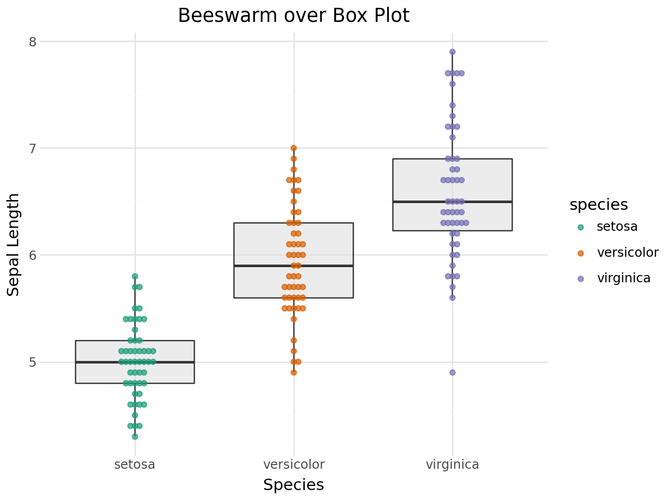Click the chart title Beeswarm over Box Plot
point(293,16)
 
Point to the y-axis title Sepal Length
point(14,245)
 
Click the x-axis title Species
point(293,485)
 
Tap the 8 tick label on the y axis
point(32,42)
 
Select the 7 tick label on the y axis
point(32,148)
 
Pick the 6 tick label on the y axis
point(32,255)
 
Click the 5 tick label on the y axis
point(32,362)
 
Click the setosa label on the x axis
point(135,465)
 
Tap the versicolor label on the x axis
point(294,465)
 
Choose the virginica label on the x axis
point(452,465)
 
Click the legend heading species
point(599,205)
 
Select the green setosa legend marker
point(581,227)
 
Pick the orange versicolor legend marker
point(581,253)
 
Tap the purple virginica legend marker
point(581,279)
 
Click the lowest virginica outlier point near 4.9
point(452,372)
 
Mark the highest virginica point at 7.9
point(452,52)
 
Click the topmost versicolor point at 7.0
point(294,148)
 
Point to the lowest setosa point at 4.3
point(135,436)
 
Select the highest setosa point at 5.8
point(135,277)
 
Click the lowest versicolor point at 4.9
point(294,372)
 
